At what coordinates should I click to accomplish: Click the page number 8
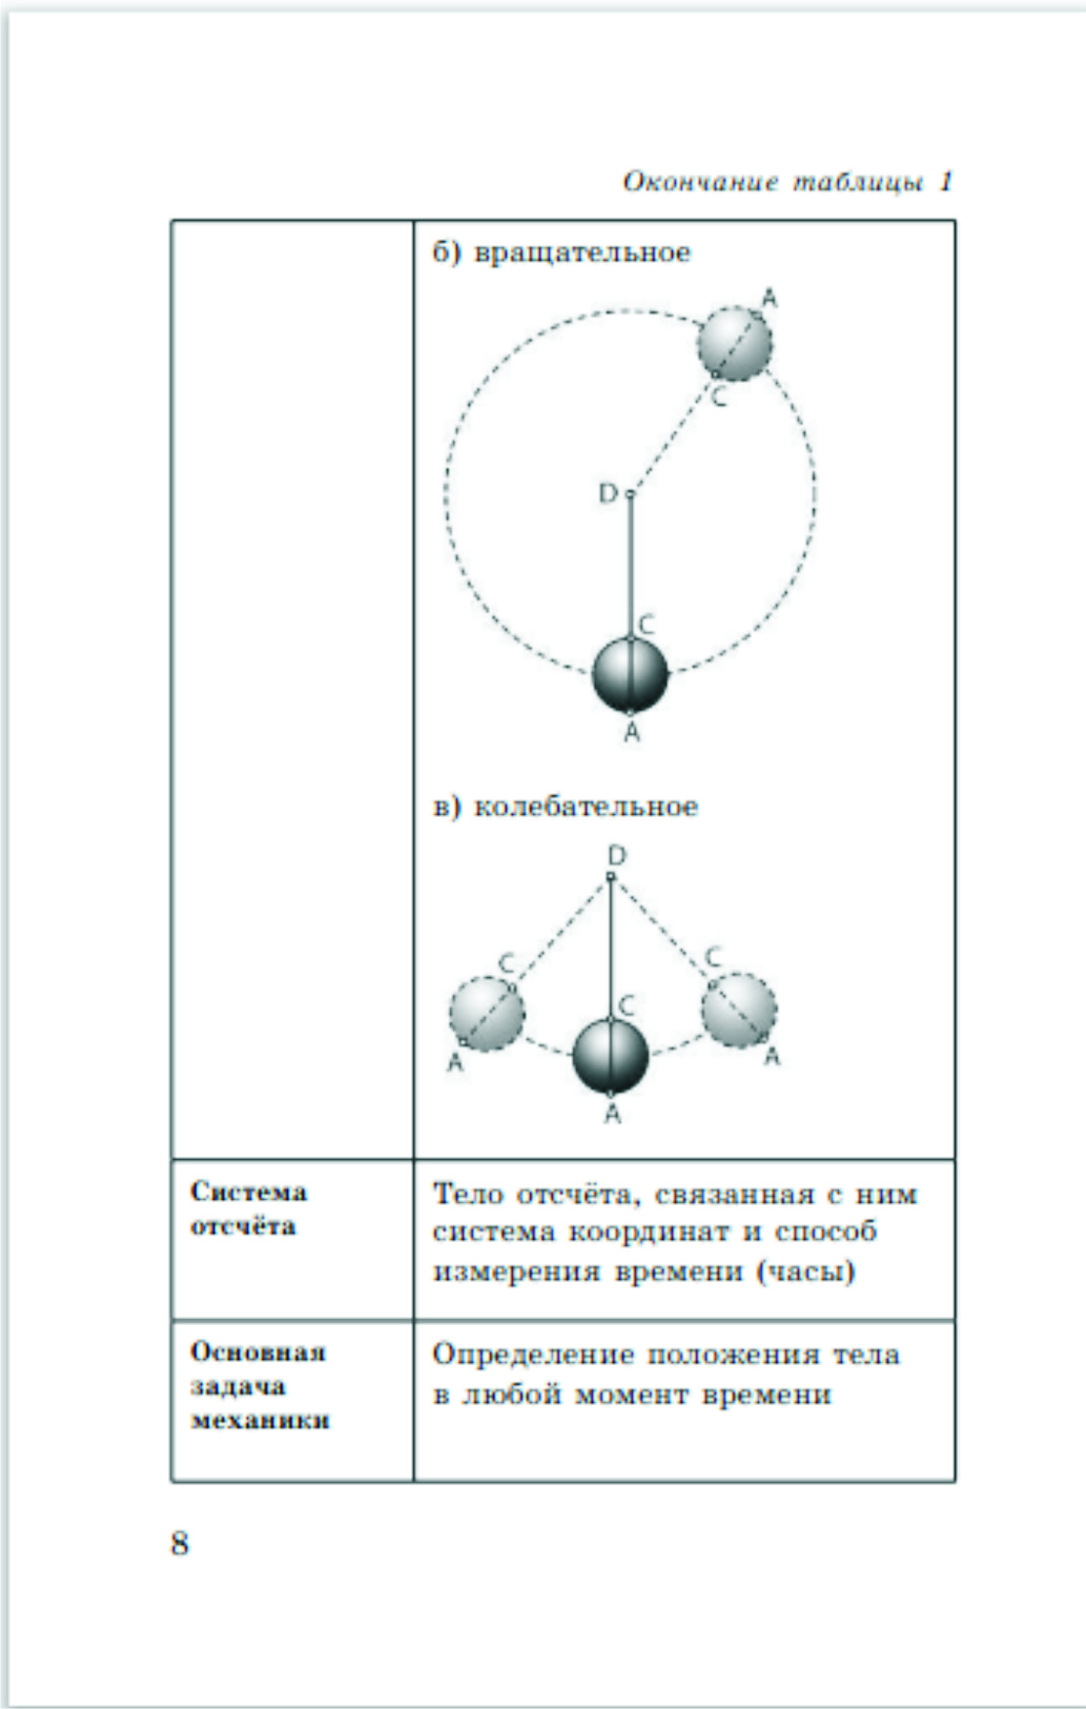pyautogui.click(x=180, y=1543)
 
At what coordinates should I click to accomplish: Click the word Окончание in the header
pyautogui.click(x=700, y=182)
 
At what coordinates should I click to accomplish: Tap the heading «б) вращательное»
pyautogui.click(x=562, y=252)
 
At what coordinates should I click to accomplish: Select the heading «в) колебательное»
pyautogui.click(x=565, y=807)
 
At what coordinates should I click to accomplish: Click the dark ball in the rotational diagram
pyautogui.click(x=630, y=674)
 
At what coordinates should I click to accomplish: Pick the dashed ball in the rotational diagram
pyautogui.click(x=734, y=343)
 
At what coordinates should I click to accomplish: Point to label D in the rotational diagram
pyautogui.click(x=607, y=494)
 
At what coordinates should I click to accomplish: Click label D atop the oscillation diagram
pyautogui.click(x=616, y=856)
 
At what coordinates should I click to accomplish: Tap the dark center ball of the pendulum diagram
pyautogui.click(x=610, y=1056)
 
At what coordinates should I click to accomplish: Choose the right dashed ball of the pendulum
pyautogui.click(x=739, y=1008)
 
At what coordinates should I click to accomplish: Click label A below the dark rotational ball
pyautogui.click(x=632, y=732)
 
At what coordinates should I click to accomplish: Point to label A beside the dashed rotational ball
pyautogui.click(x=770, y=298)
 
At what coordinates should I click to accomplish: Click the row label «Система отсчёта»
pyautogui.click(x=247, y=1209)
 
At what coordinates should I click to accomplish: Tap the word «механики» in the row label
pyautogui.click(x=260, y=1420)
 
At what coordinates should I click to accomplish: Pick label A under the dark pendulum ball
pyautogui.click(x=612, y=1113)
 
